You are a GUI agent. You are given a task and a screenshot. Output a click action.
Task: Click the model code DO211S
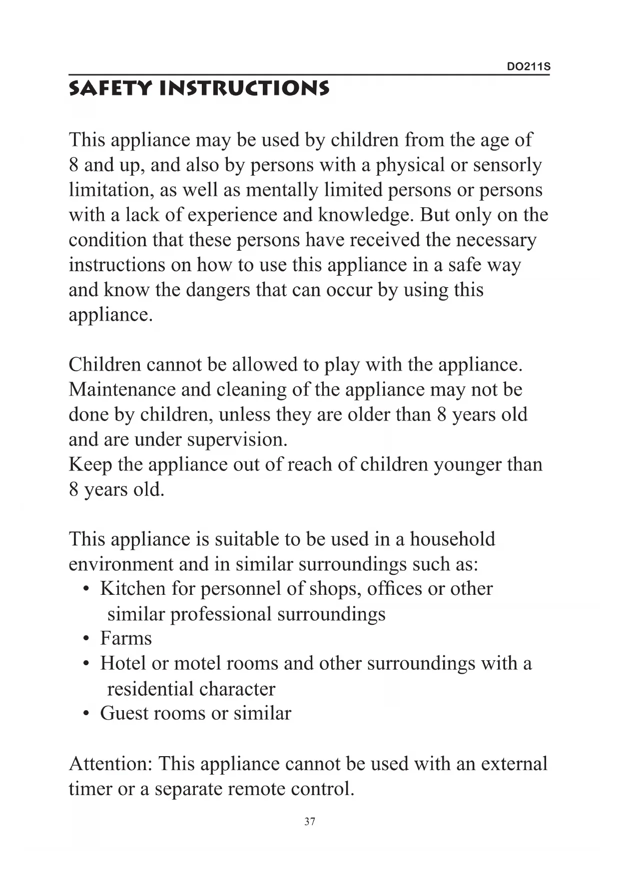click(x=529, y=67)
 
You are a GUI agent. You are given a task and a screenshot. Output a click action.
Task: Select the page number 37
click(x=310, y=822)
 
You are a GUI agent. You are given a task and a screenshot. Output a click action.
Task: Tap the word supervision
click(x=237, y=440)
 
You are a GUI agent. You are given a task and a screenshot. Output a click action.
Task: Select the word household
click(x=452, y=539)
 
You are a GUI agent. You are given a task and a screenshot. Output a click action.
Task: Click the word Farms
click(x=126, y=639)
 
